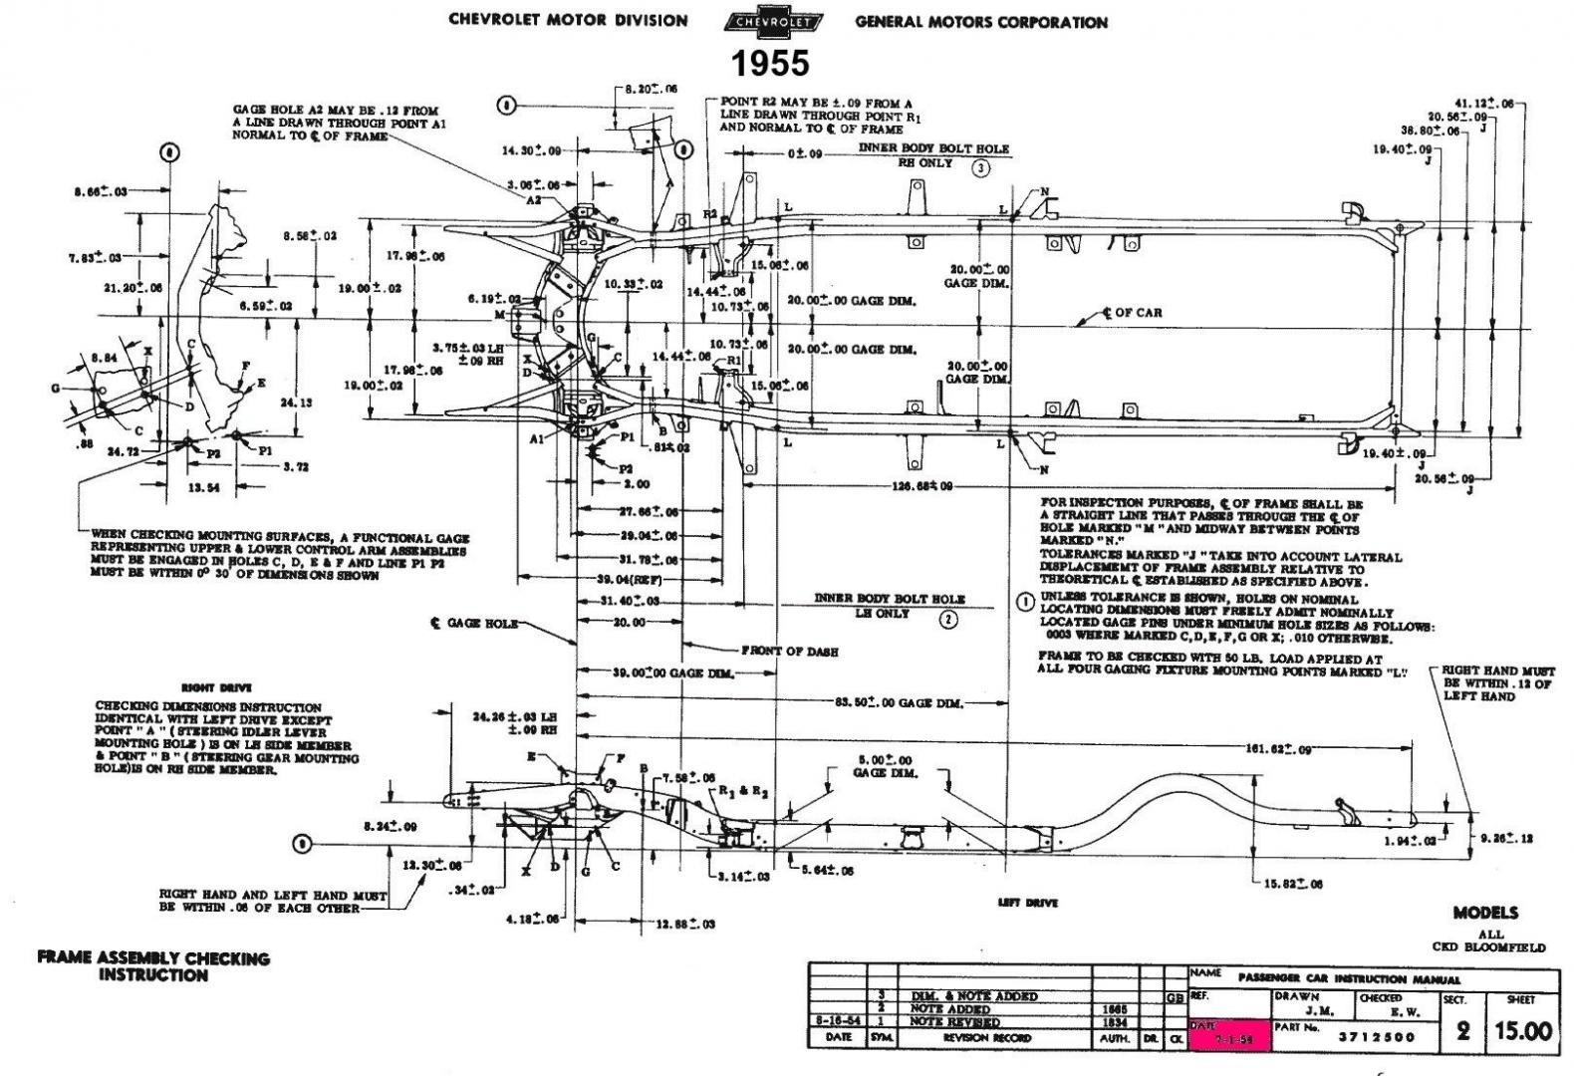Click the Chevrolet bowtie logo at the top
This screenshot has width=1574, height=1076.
pos(772,22)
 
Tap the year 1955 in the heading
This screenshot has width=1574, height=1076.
pos(770,64)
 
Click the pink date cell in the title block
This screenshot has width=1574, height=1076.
pos(1229,1036)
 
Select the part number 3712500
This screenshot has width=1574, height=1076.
pos(1374,1036)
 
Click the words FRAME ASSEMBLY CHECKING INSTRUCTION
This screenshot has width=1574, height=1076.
pos(153,966)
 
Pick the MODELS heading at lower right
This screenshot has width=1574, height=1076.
pos(1485,913)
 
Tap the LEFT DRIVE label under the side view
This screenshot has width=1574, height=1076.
pos(1027,903)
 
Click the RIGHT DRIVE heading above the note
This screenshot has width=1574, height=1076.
pos(216,687)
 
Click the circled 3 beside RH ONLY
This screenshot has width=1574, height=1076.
pos(981,167)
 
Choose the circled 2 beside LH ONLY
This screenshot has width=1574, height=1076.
pos(948,620)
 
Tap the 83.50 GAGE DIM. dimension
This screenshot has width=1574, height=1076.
pos(899,703)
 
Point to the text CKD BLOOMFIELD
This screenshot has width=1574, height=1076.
pos(1489,946)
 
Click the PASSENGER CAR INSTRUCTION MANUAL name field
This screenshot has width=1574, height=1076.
pos(1349,978)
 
